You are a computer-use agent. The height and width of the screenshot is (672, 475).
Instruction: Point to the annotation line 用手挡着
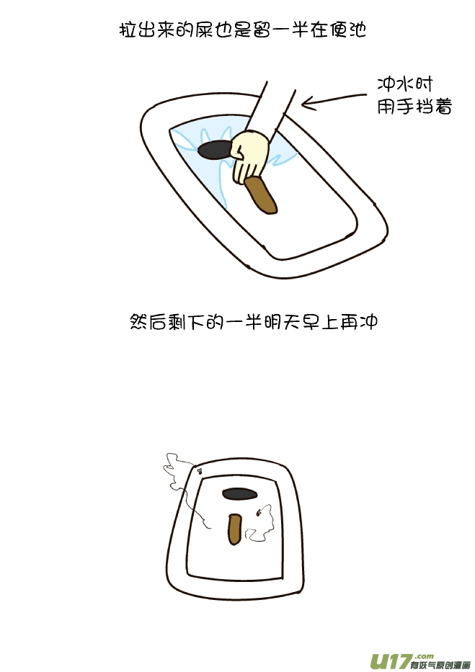click(414, 107)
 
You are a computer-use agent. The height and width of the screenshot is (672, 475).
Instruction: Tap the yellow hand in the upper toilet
click(249, 153)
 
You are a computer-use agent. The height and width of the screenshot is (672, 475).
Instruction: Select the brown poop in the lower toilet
click(234, 530)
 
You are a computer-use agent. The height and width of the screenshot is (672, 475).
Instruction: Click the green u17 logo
click(390, 660)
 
